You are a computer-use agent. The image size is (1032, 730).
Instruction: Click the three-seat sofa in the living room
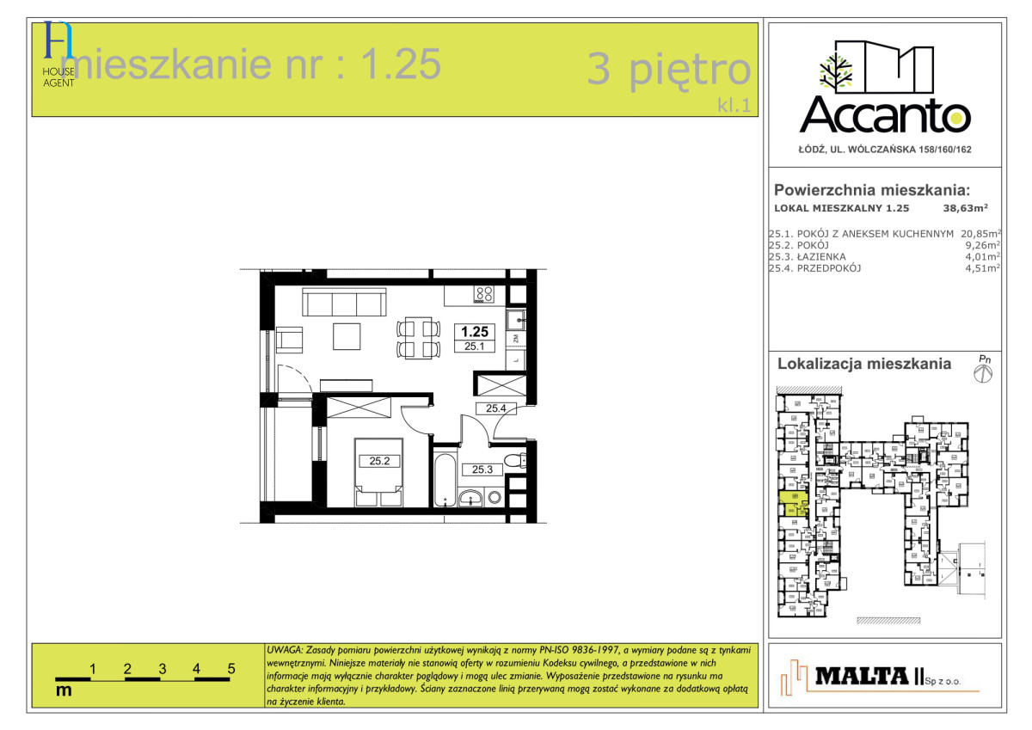tap(343, 303)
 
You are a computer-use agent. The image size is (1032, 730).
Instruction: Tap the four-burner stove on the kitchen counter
tap(483, 294)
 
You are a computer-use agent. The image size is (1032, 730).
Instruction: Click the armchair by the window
tap(290, 340)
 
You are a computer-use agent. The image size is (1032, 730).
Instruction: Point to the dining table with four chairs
tap(417, 338)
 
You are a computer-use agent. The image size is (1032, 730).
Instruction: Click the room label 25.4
tap(495, 408)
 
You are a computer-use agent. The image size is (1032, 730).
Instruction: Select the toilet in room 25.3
tap(515, 462)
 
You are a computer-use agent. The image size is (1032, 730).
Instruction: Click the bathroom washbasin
tap(471, 496)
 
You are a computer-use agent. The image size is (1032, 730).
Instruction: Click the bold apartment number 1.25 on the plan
tap(476, 331)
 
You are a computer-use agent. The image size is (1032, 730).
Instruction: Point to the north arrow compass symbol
tap(984, 372)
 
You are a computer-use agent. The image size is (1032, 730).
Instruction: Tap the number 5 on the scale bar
tap(231, 667)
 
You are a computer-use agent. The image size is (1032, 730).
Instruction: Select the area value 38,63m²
tap(965, 207)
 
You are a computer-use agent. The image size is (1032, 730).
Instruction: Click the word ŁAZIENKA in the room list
tap(822, 256)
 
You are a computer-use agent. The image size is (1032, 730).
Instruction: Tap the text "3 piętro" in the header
tap(669, 70)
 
